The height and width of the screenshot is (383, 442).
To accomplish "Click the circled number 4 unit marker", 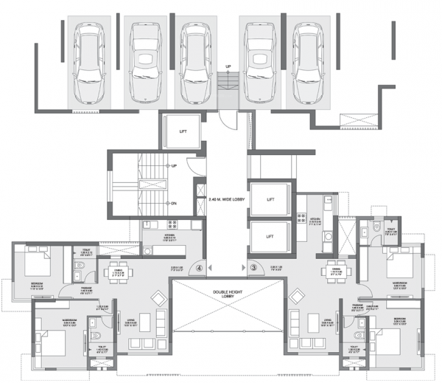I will (199, 268).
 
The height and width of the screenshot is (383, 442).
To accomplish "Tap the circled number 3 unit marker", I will (252, 268).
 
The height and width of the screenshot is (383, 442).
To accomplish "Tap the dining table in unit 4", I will (116, 272).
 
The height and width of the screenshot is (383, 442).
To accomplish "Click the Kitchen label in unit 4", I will (172, 237).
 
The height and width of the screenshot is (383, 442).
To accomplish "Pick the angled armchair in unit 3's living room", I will (296, 297).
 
